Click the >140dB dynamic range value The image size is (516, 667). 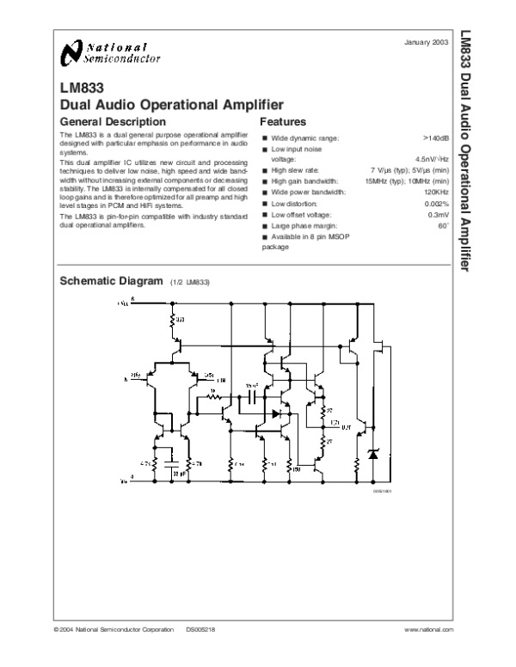pos(438,138)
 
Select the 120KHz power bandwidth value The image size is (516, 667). pos(438,192)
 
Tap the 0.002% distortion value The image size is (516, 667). pos(438,203)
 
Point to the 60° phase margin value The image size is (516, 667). pos(444,224)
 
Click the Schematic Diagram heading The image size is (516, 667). pos(110,281)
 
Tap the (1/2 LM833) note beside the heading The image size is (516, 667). pos(190,283)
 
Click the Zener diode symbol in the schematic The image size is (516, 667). pos(373,453)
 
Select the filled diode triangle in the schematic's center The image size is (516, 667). pos(276,413)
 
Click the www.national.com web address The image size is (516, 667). pos(429,631)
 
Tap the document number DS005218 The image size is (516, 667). pos(201,631)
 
